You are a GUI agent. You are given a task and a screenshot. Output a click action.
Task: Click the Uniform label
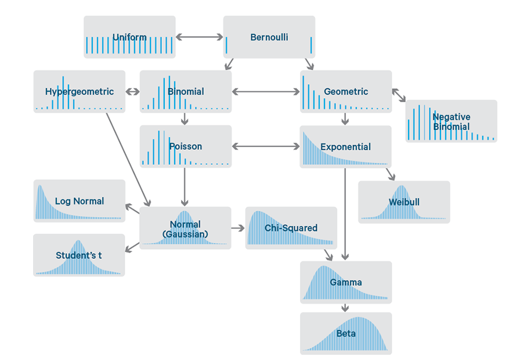(x=129, y=37)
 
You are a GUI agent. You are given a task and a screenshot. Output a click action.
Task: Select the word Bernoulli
(x=269, y=37)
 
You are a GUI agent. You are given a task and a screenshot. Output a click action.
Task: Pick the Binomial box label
(x=186, y=91)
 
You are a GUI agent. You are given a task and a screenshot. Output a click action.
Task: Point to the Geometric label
(x=346, y=91)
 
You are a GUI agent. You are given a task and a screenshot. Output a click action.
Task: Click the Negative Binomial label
(x=451, y=121)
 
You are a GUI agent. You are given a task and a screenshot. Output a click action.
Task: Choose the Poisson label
(x=186, y=146)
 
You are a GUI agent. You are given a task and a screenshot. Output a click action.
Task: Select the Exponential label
(x=346, y=147)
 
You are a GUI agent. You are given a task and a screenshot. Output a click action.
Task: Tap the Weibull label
(x=404, y=202)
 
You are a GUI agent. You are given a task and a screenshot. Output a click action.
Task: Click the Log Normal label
(x=80, y=201)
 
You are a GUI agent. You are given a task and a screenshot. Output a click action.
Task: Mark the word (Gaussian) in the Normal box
(x=186, y=234)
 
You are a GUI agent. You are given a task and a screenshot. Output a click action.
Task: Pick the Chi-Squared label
(x=291, y=228)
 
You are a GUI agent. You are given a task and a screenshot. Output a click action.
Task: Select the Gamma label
(x=346, y=282)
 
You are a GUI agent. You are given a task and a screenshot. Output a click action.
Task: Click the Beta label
(x=346, y=334)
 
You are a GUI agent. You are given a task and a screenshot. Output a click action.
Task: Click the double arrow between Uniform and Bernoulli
(x=199, y=37)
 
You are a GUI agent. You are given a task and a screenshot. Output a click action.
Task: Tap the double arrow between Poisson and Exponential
(x=266, y=146)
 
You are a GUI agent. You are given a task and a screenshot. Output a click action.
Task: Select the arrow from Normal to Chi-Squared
(x=238, y=228)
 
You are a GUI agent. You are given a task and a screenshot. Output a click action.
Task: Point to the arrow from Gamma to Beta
(x=346, y=308)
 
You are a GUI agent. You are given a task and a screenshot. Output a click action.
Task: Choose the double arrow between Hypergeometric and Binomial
(x=132, y=91)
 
